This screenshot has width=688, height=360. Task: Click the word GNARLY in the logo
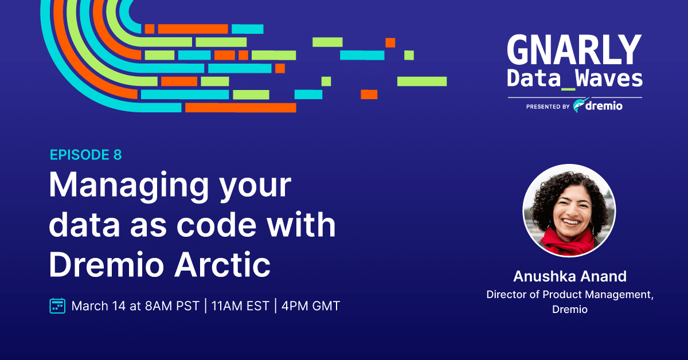574,49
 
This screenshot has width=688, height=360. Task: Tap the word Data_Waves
574,79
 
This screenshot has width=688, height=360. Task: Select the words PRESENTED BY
548,107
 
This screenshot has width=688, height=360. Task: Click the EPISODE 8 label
85,155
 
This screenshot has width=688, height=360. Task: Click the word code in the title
217,225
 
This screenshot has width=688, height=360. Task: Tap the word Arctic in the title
222,264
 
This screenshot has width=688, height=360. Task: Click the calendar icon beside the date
57,306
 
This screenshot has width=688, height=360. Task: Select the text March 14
99,306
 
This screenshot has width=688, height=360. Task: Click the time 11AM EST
240,306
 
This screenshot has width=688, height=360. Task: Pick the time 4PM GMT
311,306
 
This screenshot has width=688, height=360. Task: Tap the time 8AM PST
173,306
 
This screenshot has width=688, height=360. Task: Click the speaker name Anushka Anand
570,276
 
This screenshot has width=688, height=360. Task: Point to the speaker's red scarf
568,242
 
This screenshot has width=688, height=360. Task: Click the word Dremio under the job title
570,310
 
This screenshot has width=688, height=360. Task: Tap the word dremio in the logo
604,105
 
